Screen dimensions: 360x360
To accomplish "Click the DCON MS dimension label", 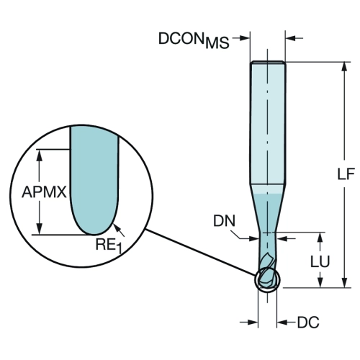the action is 194,40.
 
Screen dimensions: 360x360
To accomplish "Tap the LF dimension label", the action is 346,174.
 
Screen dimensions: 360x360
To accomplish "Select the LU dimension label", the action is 320,261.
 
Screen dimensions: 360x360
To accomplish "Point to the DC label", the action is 308,323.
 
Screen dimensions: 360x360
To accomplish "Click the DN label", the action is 225,220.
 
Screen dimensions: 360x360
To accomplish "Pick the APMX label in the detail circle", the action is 44,192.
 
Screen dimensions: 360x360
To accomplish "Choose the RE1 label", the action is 109,246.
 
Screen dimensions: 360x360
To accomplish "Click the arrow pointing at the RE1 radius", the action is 119,230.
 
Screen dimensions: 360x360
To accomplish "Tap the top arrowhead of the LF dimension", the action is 345,66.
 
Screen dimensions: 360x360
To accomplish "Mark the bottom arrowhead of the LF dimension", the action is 345,283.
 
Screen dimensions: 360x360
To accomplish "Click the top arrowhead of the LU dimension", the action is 320,237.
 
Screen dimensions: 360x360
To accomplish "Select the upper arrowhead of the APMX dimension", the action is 39,155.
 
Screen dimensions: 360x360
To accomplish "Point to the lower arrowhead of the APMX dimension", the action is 39,229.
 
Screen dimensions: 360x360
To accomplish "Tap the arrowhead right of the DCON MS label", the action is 243,37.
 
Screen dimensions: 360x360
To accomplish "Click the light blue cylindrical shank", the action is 268,123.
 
